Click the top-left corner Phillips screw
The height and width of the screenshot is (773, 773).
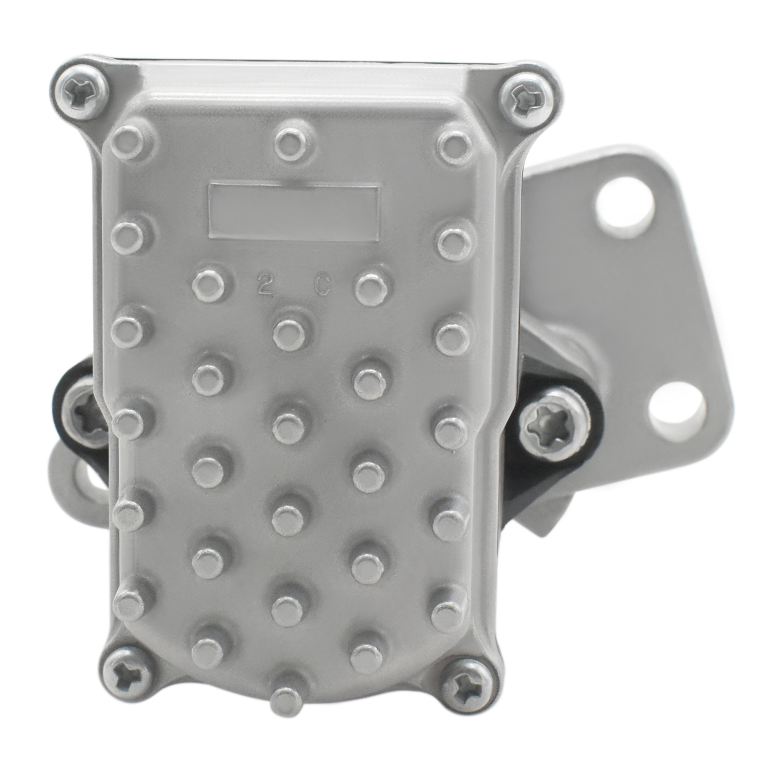click(x=81, y=92)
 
